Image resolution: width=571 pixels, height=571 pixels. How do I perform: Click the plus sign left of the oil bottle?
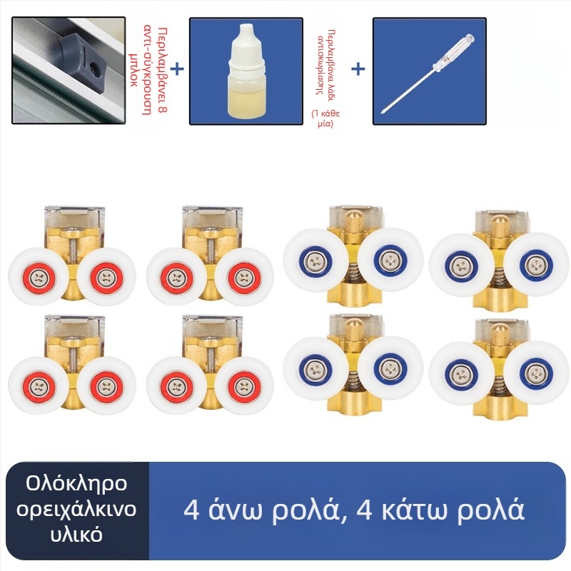176,69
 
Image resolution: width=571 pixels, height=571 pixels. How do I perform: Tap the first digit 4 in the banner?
191,510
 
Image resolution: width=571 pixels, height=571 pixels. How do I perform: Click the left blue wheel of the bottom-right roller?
461,370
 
